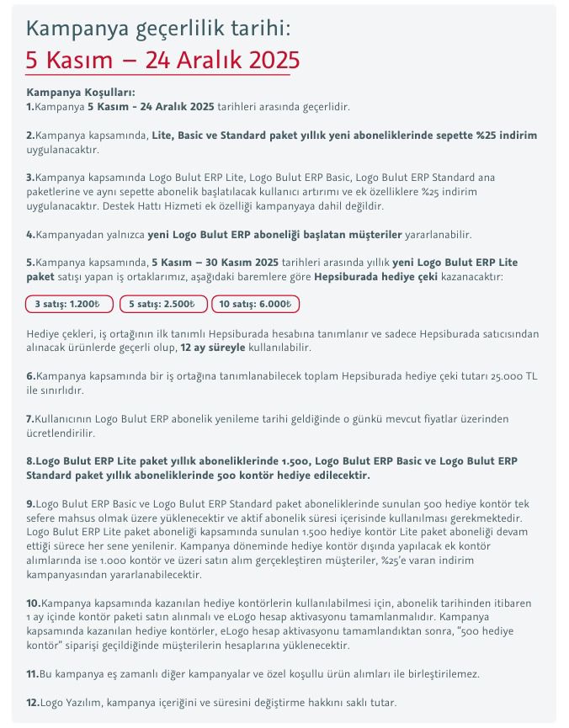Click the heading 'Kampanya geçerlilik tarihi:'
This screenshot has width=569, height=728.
point(157,29)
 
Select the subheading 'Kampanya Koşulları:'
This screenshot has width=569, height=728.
point(81,93)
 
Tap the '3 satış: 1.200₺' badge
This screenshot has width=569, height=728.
point(67,305)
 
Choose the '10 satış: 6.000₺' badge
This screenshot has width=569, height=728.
point(255,305)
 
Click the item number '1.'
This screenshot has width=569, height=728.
point(30,107)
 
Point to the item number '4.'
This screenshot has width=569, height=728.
point(31,234)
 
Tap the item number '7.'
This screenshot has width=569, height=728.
point(30,418)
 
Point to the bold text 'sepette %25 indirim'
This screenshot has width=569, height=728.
point(484,136)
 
